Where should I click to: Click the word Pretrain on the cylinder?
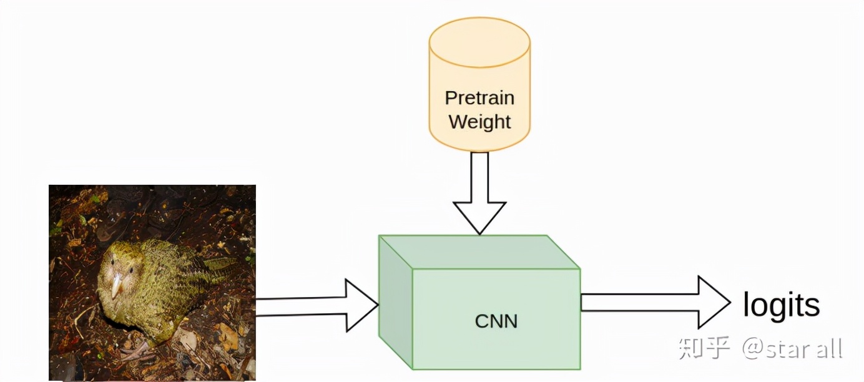pyautogui.click(x=479, y=98)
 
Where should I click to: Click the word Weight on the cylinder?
pyautogui.click(x=479, y=122)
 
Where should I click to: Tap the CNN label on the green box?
pyautogui.click(x=496, y=321)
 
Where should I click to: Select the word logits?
pyautogui.click(x=781, y=305)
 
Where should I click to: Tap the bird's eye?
pyautogui.click(x=130, y=270)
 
